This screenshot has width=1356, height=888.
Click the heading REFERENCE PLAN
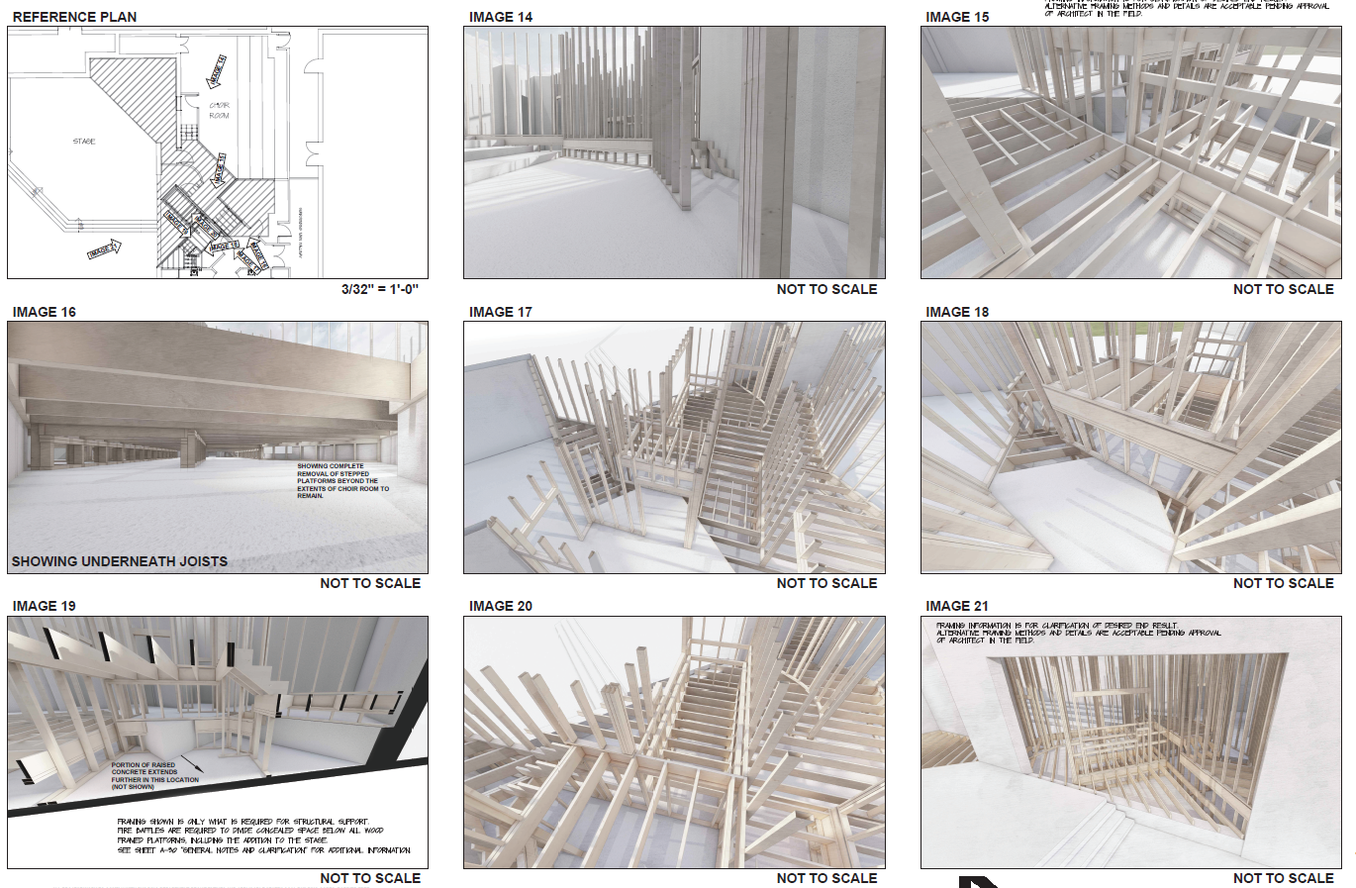[x=74, y=17]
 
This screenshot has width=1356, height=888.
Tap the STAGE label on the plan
[x=84, y=142]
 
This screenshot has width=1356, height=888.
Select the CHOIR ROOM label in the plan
[x=220, y=110]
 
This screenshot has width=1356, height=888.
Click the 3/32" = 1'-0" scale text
[x=380, y=289]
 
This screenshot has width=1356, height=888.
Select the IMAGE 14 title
[x=500, y=17]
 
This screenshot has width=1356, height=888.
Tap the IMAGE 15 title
[x=956, y=17]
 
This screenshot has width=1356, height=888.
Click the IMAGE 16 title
[x=44, y=312]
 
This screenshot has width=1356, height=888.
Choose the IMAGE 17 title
[x=500, y=312]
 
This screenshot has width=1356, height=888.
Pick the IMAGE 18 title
[x=956, y=312]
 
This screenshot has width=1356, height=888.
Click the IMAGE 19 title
[x=44, y=606]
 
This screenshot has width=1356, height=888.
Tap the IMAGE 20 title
[x=500, y=606]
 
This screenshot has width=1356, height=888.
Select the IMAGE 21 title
[x=956, y=606]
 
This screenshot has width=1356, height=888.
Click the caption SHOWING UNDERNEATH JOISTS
[x=119, y=561]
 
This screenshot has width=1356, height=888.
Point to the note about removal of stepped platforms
[x=341, y=480]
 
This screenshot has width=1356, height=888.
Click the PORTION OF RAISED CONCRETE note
[x=153, y=775]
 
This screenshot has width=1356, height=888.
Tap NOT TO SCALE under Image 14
[x=826, y=289]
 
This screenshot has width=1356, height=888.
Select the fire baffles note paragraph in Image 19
[x=262, y=836]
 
